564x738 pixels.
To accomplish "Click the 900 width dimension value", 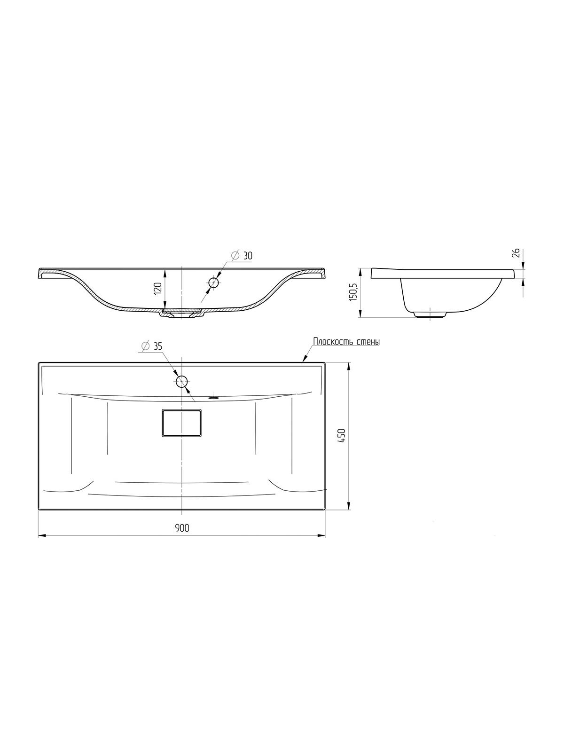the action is coord(182,528).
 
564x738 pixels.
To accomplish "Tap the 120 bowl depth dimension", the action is coord(158,289).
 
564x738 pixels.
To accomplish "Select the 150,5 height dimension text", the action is coord(353,292).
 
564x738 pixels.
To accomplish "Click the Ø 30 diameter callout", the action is coord(241,256).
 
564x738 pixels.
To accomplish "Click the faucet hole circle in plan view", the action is coord(182,381).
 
